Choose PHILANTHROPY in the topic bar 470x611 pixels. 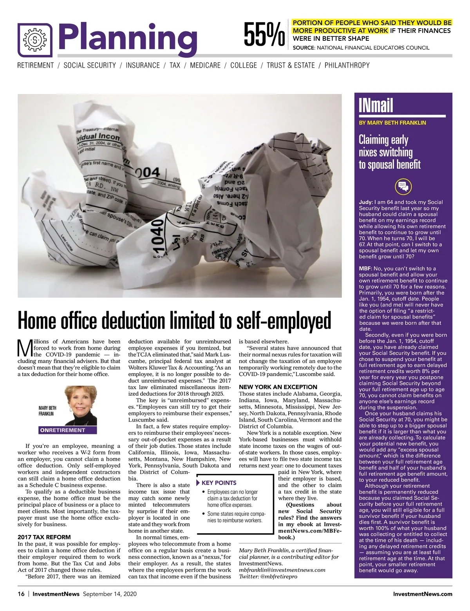(347, 65)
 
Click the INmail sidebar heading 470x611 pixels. (376, 105)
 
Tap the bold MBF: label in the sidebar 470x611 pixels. (365, 269)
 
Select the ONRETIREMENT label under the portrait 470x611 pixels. (62, 430)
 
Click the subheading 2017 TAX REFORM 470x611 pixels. (44, 537)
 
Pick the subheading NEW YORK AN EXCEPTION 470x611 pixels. (278, 387)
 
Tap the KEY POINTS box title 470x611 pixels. (219, 483)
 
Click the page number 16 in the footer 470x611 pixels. (21, 594)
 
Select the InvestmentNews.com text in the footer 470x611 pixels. (422, 594)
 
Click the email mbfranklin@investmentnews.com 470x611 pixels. (282, 570)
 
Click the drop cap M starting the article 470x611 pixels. (25, 347)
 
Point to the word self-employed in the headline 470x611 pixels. (284, 321)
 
